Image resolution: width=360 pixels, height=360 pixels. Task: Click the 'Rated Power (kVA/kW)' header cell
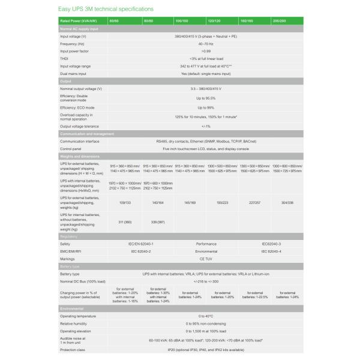pos(77,21)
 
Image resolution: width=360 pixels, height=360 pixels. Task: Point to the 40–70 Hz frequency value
pos(206,44)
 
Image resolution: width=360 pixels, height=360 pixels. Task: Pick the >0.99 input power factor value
pos(206,51)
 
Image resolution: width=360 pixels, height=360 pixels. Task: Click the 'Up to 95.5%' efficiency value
pos(206,98)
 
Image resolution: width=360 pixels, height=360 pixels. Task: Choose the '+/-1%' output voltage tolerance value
pos(206,126)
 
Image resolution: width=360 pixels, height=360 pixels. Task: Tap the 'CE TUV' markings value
pos(206,259)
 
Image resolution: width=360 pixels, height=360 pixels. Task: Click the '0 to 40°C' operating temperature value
pos(206,315)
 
